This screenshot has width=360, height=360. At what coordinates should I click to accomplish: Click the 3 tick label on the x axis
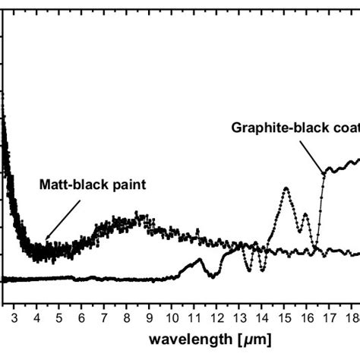(x=17, y=309)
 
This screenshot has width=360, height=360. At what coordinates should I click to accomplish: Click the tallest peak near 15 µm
(x=286, y=188)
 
